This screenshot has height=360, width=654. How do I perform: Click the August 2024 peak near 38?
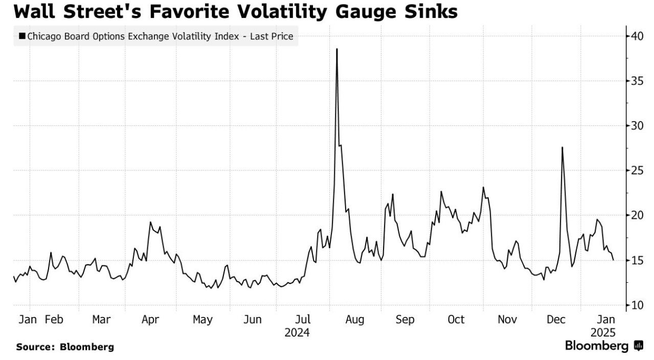pos(336,49)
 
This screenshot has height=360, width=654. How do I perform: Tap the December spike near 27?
pos(562,148)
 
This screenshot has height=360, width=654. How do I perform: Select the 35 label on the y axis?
pos(637,81)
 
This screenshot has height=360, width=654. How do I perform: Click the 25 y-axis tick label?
pos(637,170)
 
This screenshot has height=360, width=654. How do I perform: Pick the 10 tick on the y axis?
pos(637,305)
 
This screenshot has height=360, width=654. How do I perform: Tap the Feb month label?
pos(54,320)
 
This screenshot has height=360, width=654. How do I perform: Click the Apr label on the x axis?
pos(150,320)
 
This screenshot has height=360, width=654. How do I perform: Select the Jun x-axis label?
pos(253,320)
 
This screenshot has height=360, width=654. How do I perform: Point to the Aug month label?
pos(354,320)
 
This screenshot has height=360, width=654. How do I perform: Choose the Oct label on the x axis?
pos(456,320)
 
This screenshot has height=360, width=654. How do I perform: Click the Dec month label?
pos(556,320)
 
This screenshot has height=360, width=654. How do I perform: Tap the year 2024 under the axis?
pos(297,332)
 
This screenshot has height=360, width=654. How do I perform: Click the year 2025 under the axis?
pos(603,332)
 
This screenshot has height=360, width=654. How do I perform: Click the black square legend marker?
pos(22,36)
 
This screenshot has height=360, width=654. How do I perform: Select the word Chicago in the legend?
pos(44,36)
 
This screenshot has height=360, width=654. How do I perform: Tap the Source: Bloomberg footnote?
pos(65,347)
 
